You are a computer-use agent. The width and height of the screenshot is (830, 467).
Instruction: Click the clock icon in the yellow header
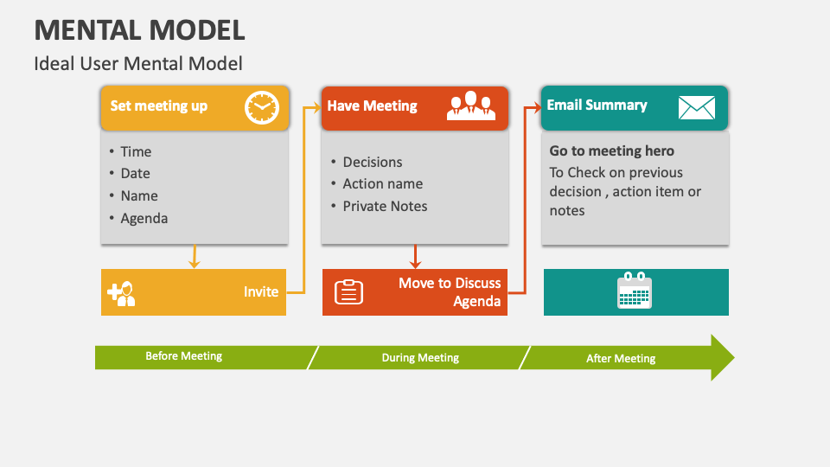tap(262, 108)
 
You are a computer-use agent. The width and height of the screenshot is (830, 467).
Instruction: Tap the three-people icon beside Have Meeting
tap(471, 106)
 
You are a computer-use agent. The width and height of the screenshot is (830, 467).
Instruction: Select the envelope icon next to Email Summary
tap(696, 107)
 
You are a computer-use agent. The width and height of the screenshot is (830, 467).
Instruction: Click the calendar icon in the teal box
tap(635, 291)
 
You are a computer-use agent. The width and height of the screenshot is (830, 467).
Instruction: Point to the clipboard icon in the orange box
tap(348, 291)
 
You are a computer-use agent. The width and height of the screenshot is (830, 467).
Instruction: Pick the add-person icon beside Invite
tap(121, 293)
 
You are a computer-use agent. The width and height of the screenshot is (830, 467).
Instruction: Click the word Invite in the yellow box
tap(261, 291)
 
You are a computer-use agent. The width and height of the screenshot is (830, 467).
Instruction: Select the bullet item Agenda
tap(144, 218)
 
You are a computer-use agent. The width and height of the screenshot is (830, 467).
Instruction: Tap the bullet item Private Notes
tap(385, 206)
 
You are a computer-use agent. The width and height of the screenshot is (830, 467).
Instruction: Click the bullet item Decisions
tap(373, 162)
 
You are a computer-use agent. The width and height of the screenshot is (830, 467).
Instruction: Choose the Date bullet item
tap(136, 173)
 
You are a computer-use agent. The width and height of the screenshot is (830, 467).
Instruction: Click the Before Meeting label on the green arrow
tap(183, 356)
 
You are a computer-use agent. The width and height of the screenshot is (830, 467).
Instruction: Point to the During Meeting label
tap(420, 357)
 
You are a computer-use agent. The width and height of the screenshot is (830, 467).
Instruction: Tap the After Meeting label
tap(621, 358)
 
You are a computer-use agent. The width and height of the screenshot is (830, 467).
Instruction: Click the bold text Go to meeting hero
tap(612, 150)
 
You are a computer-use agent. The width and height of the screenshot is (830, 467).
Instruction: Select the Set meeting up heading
tap(159, 106)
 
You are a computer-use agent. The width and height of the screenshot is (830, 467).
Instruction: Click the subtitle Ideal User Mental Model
tap(138, 63)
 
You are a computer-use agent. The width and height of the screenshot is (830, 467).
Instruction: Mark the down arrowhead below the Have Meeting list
tap(415, 263)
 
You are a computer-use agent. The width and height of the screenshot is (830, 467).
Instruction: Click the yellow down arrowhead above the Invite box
tap(194, 263)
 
